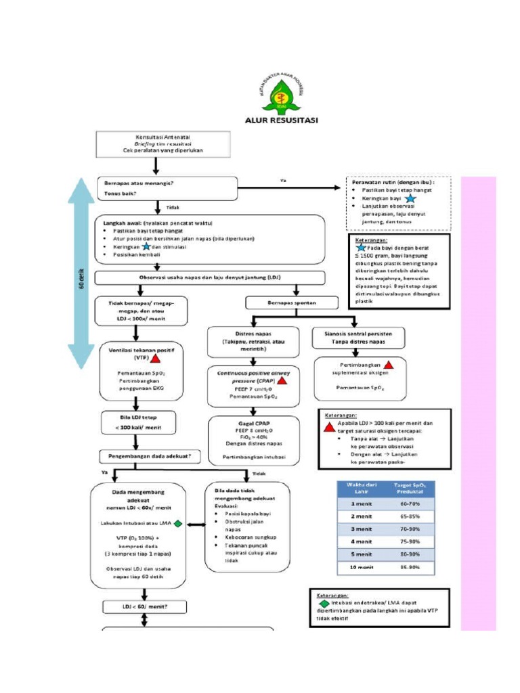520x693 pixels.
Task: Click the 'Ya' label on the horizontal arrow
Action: point(282,180)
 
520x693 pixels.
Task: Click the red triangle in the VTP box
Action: point(155,358)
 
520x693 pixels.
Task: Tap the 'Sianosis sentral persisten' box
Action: point(358,336)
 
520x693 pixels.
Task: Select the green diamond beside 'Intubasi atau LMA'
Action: point(177,522)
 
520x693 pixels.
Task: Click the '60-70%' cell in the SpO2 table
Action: point(409,504)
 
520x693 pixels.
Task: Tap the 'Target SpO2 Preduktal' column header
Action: point(409,489)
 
